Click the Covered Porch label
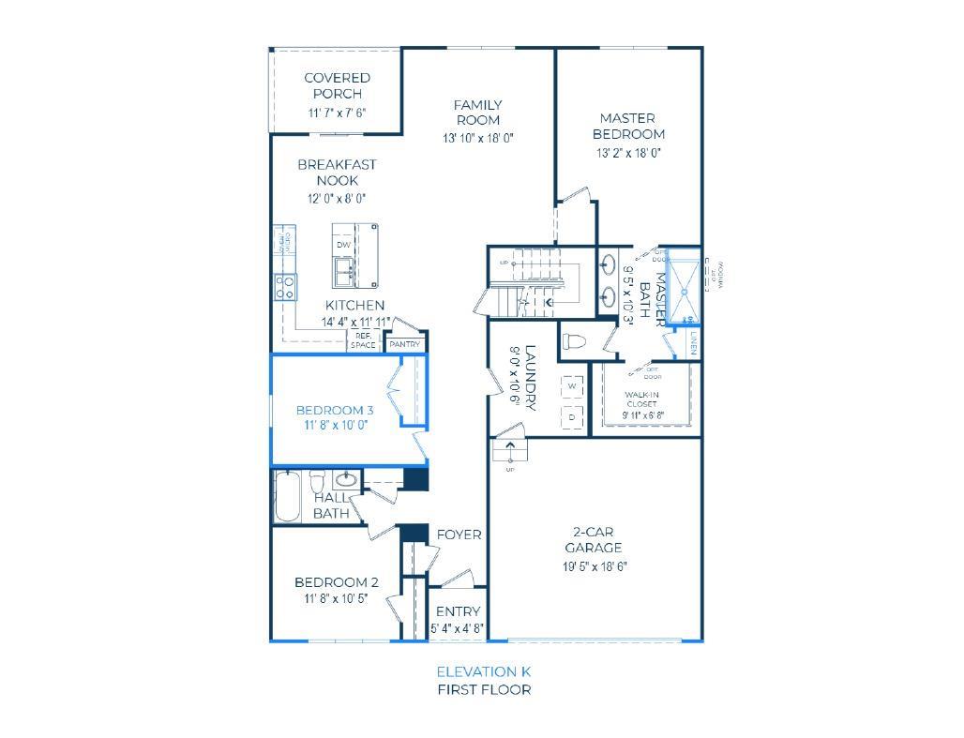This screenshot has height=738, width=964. coord(337,85)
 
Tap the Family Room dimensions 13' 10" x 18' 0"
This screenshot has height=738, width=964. coord(478,138)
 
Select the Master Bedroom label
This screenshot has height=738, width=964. coord(628,126)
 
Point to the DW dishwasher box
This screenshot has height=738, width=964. coord(343,245)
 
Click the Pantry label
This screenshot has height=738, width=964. coord(405,344)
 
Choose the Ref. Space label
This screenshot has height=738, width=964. coord(363,340)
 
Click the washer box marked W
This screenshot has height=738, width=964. coord(571,386)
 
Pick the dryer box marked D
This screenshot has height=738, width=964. coord(571,416)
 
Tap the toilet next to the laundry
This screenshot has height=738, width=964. coord(574,339)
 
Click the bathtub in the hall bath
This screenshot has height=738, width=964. coord(287,497)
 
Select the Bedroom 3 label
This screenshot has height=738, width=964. coord(335,410)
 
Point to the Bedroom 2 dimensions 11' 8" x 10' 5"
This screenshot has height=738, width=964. coord(336,598)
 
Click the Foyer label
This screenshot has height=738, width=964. coord(459,535)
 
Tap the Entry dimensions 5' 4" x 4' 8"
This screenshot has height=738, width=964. coord(458,628)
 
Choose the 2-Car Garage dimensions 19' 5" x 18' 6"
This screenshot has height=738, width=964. coord(594,565)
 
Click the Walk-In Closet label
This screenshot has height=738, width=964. coord(642,399)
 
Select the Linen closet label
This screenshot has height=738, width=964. coord(693,343)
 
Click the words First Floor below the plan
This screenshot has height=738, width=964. coord(483,689)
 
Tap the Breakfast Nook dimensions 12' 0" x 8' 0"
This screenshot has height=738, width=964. coord(337,198)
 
